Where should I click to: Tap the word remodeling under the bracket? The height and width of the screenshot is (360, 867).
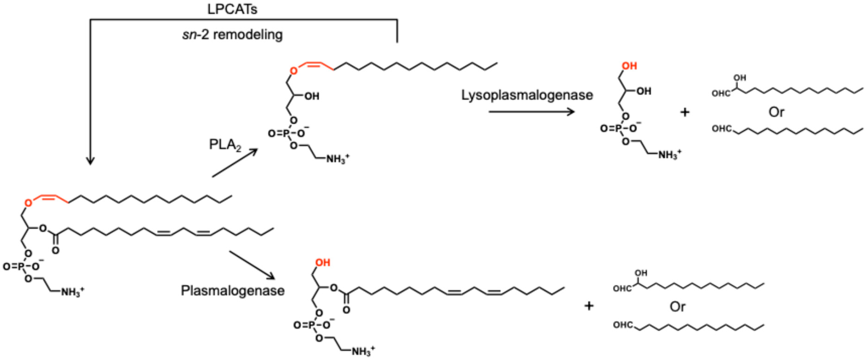248,35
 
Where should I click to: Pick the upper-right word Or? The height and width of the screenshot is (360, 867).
776,112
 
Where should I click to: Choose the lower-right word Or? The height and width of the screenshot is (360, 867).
677,307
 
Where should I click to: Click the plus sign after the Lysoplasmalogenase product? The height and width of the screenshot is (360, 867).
685,112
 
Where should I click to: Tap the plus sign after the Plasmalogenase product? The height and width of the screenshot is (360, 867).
589,306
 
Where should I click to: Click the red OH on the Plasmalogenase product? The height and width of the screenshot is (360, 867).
323,263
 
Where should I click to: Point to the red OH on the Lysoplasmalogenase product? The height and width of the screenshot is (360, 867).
629,66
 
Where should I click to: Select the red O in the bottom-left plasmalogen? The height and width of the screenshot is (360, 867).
28,203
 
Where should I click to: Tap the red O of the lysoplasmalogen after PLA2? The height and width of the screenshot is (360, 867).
294,71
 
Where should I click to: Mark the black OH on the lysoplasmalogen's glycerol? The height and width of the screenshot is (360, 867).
312,97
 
